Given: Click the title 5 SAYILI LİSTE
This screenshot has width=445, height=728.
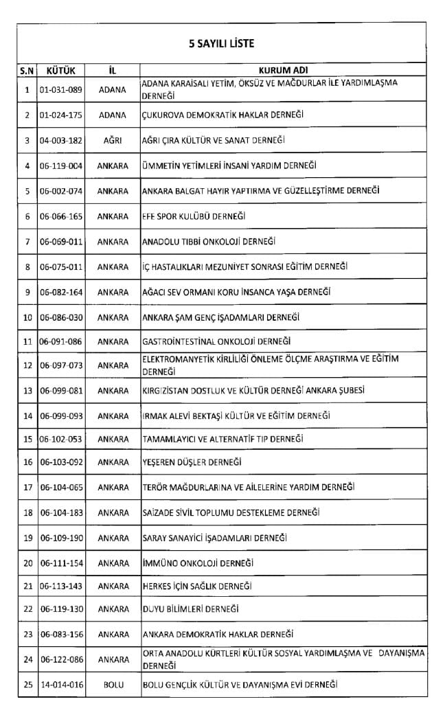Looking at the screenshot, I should click(x=222, y=43).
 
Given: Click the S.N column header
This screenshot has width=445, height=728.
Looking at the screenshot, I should click(x=27, y=70).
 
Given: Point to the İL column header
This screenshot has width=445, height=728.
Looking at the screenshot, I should click(x=113, y=70).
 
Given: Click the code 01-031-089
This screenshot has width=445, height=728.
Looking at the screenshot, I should click(x=62, y=89).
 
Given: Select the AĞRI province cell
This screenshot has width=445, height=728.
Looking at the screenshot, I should click(x=113, y=140).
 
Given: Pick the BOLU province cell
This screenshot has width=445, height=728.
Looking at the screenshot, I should click(x=113, y=685).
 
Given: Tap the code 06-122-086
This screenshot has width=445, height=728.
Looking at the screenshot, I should click(x=62, y=659).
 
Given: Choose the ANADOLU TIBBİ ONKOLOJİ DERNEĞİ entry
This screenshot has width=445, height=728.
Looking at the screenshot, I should click(x=208, y=242).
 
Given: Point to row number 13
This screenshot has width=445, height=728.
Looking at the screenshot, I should click(x=27, y=391).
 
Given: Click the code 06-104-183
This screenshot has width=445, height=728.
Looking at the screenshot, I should click(x=62, y=513).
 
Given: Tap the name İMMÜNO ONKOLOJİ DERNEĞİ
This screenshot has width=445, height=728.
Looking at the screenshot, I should click(x=198, y=564).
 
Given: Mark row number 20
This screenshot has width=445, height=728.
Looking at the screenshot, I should click(x=27, y=564).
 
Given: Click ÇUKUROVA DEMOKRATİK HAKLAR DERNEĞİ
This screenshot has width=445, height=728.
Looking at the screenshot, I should click(x=223, y=115).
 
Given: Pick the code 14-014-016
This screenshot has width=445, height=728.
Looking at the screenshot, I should click(x=62, y=685).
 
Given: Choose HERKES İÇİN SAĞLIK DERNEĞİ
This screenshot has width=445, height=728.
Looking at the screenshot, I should click(x=196, y=586).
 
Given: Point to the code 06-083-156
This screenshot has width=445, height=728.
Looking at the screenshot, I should click(x=62, y=634).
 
